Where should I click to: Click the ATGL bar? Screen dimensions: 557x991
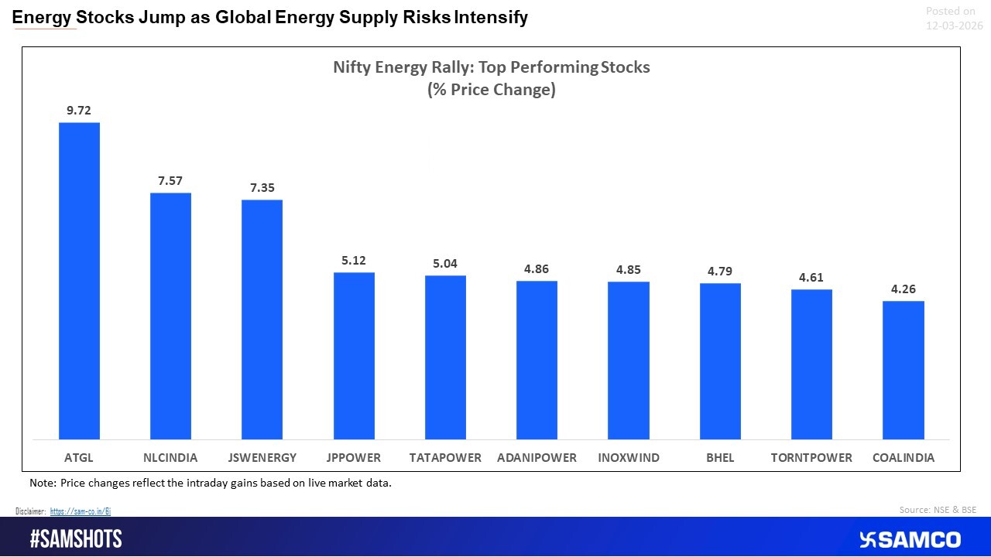tap(79, 281)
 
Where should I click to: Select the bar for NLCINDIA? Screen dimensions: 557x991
tap(170, 316)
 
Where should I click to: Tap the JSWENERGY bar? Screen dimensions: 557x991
tap(262, 320)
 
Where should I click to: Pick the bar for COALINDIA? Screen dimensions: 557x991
tap(904, 370)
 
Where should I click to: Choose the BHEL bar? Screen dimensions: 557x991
tap(720, 361)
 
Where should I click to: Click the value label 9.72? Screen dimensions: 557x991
tap(79, 111)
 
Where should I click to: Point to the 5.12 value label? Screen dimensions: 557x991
tap(354, 261)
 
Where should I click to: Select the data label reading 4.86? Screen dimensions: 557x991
tap(537, 269)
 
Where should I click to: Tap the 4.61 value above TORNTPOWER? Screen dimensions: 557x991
tap(811, 278)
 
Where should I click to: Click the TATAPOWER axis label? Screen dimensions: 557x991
tap(445, 458)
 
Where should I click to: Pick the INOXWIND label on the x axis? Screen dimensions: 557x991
tap(629, 458)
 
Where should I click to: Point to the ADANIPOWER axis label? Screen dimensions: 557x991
tap(537, 458)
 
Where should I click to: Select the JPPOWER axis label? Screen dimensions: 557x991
tap(354, 458)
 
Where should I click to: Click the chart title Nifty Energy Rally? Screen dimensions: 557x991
tap(492, 67)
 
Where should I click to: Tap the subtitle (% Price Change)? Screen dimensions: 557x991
tap(492, 90)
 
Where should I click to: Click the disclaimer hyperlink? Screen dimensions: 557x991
tap(81, 511)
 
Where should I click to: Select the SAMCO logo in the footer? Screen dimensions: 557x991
tap(910, 539)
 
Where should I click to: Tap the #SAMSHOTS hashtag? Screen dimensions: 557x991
tap(76, 539)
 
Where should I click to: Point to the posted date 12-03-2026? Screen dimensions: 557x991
tap(954, 26)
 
